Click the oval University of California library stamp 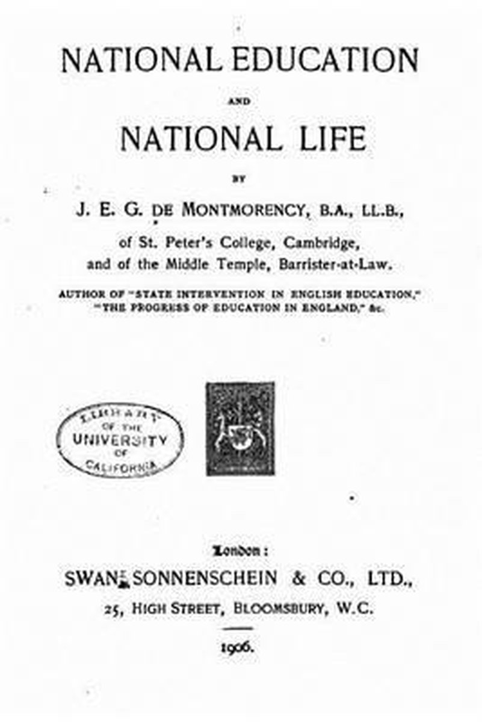click(x=120, y=440)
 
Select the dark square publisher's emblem click(x=240, y=428)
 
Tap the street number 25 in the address click(x=113, y=609)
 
